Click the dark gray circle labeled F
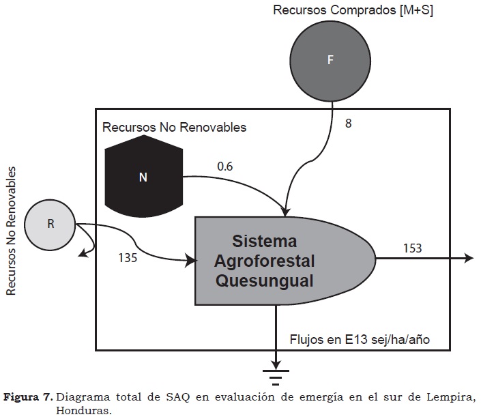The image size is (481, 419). click(330, 61)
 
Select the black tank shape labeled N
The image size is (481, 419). click(143, 176)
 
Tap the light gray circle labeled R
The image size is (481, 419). click(50, 225)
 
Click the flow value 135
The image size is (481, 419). click(128, 258)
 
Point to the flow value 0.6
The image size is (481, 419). click(225, 167)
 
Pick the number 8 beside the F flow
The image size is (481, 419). click(348, 124)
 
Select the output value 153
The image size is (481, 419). click(412, 248)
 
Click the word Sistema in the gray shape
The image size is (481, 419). click(265, 241)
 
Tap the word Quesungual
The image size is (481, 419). click(265, 281)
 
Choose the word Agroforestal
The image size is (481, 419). click(265, 261)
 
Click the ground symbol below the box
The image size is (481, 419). click(276, 377)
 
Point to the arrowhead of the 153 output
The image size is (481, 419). click(469, 258)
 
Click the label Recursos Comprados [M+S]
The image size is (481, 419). click(353, 10)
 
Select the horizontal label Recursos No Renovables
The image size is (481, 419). click(174, 128)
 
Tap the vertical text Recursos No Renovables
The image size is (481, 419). click(11, 231)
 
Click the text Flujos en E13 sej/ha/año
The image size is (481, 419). click(360, 340)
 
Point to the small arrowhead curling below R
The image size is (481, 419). click(82, 253)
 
